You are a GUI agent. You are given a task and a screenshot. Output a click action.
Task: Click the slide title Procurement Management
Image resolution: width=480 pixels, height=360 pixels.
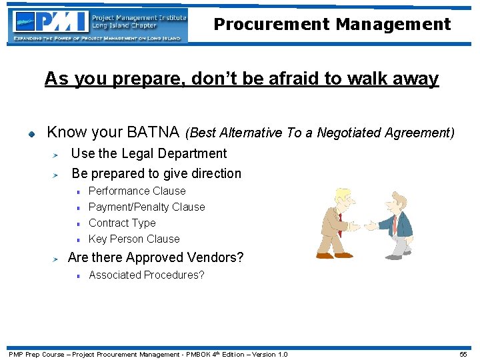pos(332,25)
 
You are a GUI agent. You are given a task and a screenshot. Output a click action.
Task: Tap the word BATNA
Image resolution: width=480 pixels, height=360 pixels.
pos(152,131)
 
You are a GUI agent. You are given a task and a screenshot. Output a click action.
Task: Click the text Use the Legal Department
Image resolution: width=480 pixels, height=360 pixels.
pos(149,153)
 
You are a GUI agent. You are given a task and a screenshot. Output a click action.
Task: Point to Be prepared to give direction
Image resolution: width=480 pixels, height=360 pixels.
pos(156,173)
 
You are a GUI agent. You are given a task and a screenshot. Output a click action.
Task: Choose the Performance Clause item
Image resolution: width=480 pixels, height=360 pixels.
pos(137,191)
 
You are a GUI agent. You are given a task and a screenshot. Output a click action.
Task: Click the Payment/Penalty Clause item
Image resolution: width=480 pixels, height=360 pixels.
pos(147,207)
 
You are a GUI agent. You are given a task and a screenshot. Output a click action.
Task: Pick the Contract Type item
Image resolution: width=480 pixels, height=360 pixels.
pos(122,223)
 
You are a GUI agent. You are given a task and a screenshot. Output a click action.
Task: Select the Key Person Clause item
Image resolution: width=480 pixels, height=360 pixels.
pos(134,239)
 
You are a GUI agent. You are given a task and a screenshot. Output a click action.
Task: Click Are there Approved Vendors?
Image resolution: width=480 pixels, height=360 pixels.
pos(155,257)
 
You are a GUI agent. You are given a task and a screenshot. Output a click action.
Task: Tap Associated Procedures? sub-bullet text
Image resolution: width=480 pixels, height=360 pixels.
pos(146,275)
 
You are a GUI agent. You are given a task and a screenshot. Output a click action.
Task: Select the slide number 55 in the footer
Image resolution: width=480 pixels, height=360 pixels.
pos(463,354)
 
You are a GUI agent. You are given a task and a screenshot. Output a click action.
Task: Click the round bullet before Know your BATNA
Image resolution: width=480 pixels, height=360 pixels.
pos(30,133)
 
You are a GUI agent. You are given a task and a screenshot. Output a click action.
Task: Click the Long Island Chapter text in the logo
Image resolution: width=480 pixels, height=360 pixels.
pos(124,25)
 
